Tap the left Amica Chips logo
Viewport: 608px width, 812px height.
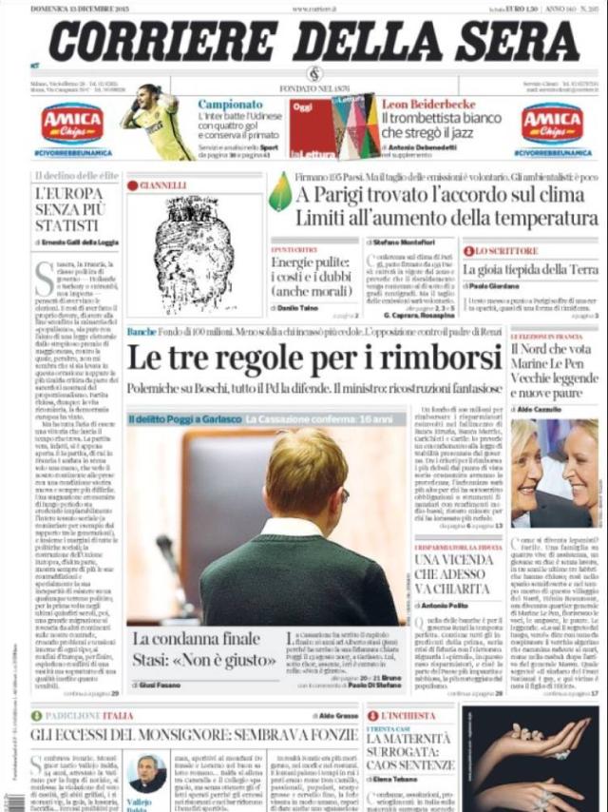(72, 123)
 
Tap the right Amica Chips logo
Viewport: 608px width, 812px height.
(552, 123)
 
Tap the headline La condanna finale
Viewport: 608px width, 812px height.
(196, 638)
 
